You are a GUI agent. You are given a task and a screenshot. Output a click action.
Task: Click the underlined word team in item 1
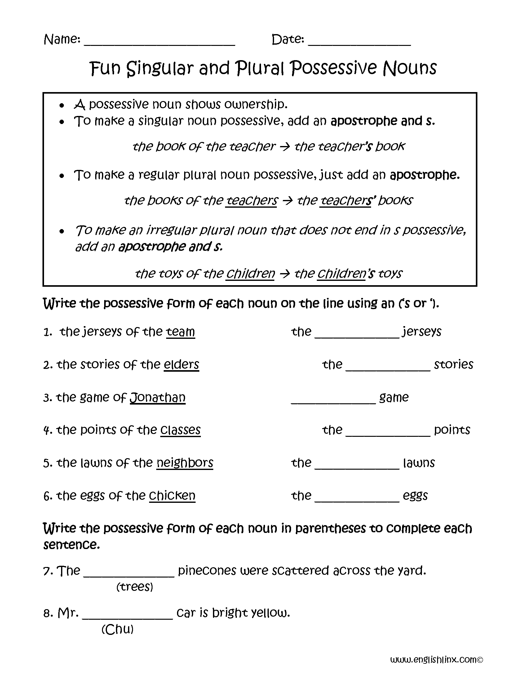[x=180, y=331]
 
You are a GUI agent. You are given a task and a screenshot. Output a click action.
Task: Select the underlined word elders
[x=181, y=365]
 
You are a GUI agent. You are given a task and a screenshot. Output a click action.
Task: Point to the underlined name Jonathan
[x=158, y=397]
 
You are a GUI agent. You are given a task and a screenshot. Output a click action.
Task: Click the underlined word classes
[x=180, y=430]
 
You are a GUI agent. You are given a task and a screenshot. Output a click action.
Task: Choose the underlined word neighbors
[x=185, y=463]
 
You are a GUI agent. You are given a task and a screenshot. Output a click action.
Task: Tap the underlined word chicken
[x=172, y=496]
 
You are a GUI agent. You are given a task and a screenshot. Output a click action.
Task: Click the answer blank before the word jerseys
[x=357, y=335]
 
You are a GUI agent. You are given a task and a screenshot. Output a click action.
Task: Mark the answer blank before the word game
[x=333, y=401]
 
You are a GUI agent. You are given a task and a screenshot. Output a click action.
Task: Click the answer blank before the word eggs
[x=357, y=499]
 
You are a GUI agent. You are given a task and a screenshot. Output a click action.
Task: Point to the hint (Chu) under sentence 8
[x=117, y=629]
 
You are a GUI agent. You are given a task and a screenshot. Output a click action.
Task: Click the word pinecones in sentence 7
[x=207, y=570]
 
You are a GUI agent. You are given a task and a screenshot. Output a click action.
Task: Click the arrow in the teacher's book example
[x=285, y=146]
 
